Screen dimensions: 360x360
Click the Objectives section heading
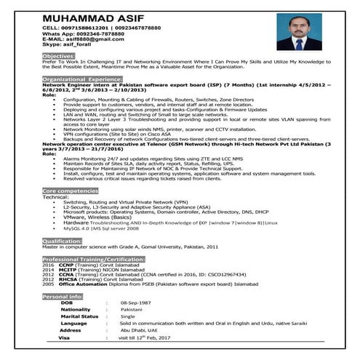coord(58,55)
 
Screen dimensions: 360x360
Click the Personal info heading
coord(63,297)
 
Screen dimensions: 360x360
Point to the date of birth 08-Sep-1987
coord(135,303)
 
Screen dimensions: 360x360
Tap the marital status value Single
coord(127,316)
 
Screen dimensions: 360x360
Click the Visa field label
coord(64,338)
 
